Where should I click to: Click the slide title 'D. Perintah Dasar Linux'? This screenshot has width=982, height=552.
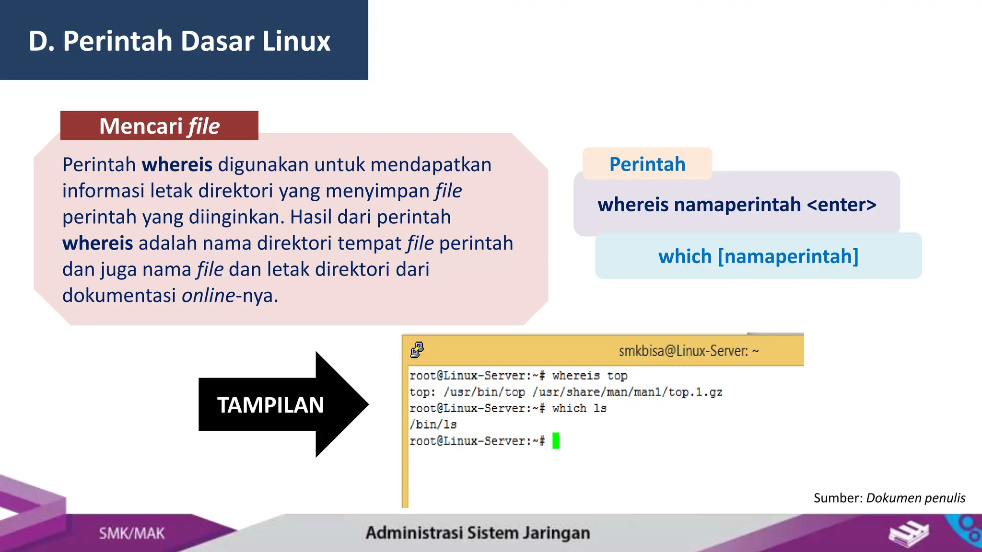[x=179, y=41]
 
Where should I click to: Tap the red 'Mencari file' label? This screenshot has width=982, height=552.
[x=159, y=126]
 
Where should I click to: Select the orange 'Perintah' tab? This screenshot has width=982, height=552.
[x=647, y=164]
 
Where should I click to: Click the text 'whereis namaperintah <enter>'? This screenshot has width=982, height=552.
[x=736, y=205]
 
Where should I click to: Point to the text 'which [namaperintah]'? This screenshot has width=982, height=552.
[x=758, y=256]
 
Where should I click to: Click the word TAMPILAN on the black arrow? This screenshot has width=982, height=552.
[x=270, y=405]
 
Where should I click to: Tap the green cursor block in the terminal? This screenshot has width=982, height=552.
[x=556, y=440]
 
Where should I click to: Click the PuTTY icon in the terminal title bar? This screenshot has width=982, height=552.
[x=417, y=350]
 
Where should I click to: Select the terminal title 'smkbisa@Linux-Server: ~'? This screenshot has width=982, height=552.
[x=689, y=351]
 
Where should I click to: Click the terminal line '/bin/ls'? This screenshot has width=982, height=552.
[x=433, y=425]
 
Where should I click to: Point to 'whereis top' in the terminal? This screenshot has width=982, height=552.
[x=589, y=376]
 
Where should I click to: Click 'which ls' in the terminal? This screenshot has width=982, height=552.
[x=579, y=408]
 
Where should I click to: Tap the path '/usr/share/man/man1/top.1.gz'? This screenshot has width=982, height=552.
[x=627, y=392]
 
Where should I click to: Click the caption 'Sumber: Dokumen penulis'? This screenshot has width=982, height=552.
[x=889, y=498]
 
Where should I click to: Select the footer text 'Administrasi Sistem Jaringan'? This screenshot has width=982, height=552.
[x=478, y=533]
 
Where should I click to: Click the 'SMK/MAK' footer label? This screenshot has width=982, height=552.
[x=131, y=533]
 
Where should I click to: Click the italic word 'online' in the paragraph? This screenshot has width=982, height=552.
[x=208, y=296]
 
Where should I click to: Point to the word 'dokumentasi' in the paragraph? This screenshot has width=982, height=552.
[x=119, y=296]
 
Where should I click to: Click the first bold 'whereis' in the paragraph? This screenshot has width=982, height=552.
[x=177, y=165]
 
